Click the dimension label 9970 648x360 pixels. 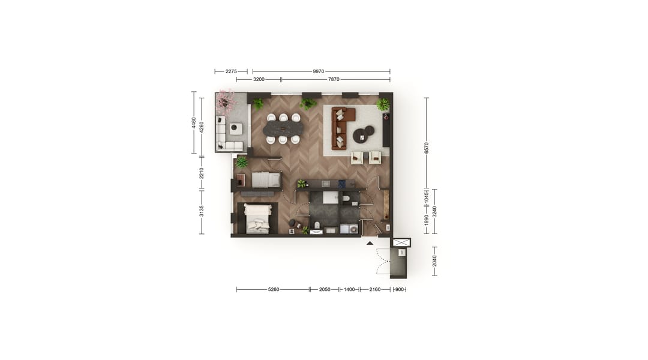[319, 71]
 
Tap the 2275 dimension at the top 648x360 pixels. [231, 71]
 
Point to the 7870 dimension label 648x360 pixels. [334, 79]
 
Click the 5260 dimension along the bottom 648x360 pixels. [274, 289]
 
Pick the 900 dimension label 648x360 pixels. [399, 289]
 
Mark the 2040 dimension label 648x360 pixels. [434, 261]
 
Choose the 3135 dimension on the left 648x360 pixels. [202, 211]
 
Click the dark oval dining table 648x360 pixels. [283, 128]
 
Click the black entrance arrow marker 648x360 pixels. [370, 243]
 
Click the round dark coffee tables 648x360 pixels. [363, 134]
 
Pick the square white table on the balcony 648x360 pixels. [236, 128]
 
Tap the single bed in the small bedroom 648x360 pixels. [266, 179]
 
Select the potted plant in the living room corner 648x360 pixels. [383, 104]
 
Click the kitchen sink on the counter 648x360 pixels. [325, 184]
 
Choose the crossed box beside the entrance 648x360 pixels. [401, 243]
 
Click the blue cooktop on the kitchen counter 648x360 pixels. [342, 184]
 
